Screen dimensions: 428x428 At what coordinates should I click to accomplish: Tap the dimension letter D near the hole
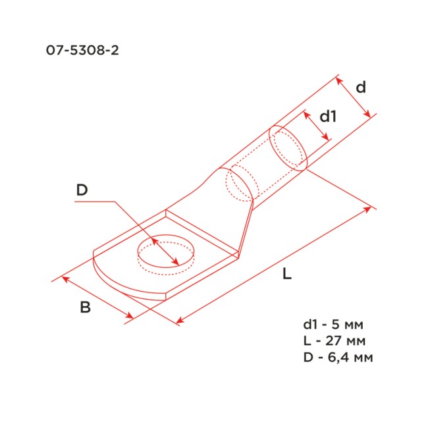click(82, 191)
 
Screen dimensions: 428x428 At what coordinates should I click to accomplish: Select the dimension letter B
click(85, 306)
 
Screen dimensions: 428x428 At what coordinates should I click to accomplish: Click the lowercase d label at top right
click(360, 88)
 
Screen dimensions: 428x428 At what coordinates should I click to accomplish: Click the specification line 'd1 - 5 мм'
click(333, 325)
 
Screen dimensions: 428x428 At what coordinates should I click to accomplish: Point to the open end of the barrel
click(288, 149)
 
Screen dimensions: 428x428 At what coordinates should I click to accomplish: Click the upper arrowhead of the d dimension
click(338, 80)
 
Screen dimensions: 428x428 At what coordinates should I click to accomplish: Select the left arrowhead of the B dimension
click(65, 279)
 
